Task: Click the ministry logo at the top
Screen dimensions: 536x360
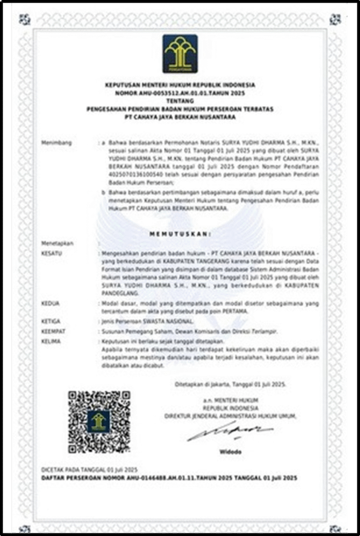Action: [179, 53]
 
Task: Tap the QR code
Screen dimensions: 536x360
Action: [99, 422]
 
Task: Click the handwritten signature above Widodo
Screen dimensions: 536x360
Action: [230, 433]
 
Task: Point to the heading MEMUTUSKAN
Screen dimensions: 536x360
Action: [179, 232]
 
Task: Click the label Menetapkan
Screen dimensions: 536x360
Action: [58, 243]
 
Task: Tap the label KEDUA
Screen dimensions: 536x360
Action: [50, 303]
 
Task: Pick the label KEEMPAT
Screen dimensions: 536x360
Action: [53, 331]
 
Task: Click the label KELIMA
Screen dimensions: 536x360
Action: [51, 341]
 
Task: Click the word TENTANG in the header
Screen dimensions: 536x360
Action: [179, 99]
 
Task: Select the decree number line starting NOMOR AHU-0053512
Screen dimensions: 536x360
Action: [179, 93]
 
